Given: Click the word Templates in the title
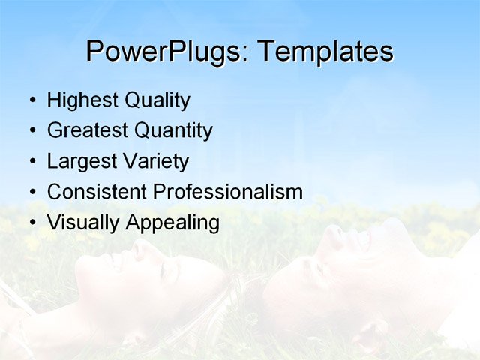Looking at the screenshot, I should pos(325,52).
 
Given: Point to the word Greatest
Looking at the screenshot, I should pos(88,131).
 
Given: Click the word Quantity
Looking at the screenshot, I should pos(174,131).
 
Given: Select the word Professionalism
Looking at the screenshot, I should pos(228,192).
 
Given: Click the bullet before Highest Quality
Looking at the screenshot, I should pos(31,100).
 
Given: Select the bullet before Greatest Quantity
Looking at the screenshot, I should pos(31,131).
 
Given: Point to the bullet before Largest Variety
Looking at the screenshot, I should pos(31,162).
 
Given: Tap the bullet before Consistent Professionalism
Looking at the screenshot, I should pos(31,192).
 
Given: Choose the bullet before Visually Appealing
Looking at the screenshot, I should pos(31,223).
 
